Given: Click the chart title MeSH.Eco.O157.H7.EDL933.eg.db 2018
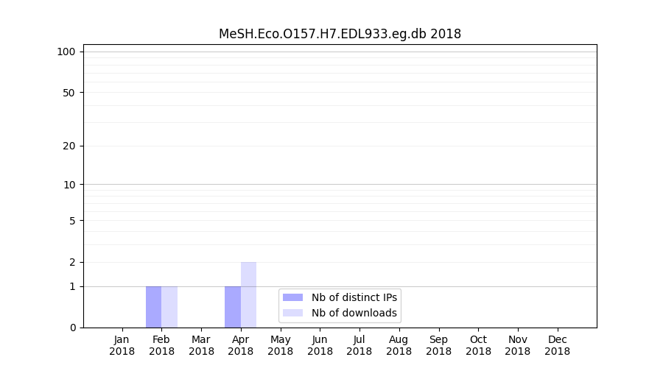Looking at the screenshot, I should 340,34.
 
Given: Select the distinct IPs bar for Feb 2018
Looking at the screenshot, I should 153,307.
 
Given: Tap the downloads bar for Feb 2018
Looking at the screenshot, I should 169,307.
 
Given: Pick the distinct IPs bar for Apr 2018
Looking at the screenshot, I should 233,307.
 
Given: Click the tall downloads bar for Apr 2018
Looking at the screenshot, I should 248,294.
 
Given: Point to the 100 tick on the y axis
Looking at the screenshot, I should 66,52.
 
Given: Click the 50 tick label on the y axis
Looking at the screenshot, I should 69,93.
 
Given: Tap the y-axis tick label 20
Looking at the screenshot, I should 69,146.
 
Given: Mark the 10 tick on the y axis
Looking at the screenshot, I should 69,185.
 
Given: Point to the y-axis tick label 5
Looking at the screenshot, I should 72,221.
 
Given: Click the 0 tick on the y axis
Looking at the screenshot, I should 72,328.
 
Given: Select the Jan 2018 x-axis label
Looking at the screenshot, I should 122,345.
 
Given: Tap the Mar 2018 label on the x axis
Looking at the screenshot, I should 201,345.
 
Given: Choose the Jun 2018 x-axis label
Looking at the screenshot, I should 320,345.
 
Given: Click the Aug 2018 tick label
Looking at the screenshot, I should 399,345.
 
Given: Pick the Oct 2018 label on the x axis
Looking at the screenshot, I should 478,345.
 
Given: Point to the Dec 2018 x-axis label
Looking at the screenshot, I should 557,345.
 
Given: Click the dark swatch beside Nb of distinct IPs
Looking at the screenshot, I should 293,297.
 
